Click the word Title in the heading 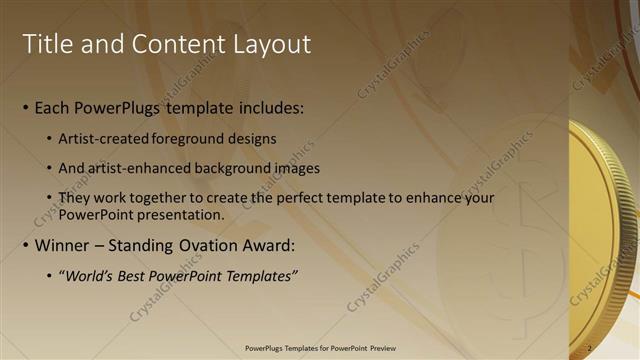pyautogui.click(x=47, y=44)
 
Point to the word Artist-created pyautogui.click(x=107, y=137)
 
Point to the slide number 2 pyautogui.click(x=590, y=348)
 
